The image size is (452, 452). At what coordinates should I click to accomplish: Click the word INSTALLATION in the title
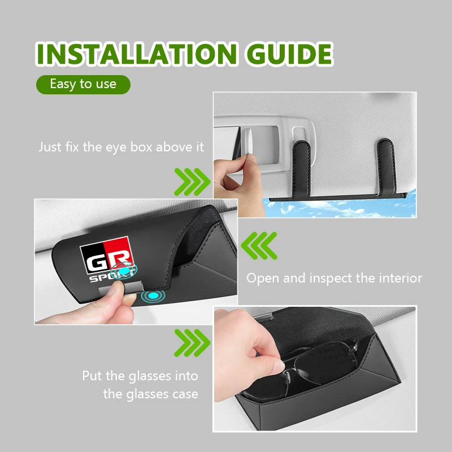tap(137, 54)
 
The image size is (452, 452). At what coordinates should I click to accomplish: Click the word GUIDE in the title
tap(289, 54)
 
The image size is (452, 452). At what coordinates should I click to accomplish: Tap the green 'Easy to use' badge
tap(83, 84)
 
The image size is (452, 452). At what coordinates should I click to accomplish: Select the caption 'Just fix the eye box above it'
tap(121, 147)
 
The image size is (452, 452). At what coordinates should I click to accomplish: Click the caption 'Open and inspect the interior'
tap(334, 278)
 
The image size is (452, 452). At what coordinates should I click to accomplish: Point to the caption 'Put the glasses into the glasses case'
tap(140, 385)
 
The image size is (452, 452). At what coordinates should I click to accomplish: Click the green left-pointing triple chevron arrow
tap(259, 246)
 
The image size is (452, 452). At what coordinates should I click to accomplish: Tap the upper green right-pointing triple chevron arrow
tap(192, 182)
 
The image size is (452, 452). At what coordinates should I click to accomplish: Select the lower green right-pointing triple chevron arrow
tap(192, 343)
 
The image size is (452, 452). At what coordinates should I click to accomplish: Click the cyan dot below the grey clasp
tap(153, 295)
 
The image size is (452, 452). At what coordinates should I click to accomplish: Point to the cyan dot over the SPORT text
tap(124, 271)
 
